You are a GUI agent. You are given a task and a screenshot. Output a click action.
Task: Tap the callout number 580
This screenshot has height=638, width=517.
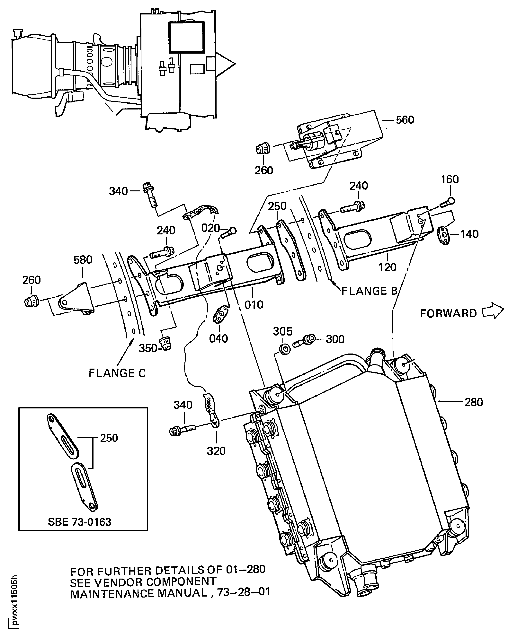(83, 260)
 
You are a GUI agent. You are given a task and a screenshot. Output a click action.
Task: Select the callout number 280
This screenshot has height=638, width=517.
(474, 403)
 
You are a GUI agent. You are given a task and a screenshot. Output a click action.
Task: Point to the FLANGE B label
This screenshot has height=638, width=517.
(369, 291)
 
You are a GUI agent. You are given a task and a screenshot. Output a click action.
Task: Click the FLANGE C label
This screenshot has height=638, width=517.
(117, 373)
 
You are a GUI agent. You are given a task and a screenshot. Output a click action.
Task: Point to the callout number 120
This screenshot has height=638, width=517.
(387, 267)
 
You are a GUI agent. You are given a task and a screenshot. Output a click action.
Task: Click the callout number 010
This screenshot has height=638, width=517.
(254, 305)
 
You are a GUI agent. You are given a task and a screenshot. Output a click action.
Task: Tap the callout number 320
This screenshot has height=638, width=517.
(216, 451)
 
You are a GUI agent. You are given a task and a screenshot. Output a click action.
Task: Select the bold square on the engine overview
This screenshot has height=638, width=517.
(186, 37)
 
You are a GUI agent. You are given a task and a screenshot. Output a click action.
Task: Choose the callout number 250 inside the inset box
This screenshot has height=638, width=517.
(109, 438)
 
